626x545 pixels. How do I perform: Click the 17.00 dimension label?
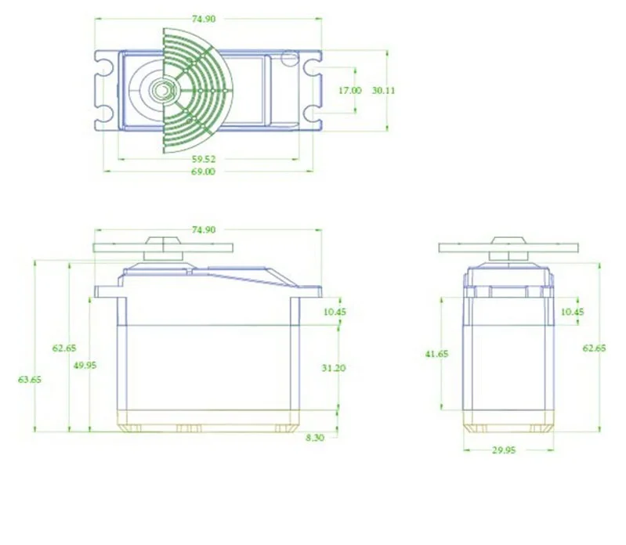pos(349,91)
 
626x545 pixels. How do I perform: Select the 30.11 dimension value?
pos(383,91)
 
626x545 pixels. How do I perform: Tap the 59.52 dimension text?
pos(204,159)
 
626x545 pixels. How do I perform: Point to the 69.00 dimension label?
pos(204,171)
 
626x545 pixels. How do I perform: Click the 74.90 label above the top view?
pos(204,19)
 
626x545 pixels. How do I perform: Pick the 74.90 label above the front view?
pos(204,229)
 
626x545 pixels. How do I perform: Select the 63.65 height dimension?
pos(30,380)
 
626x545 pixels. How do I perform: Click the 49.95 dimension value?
pos(85,366)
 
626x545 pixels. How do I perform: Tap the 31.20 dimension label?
pos(334,368)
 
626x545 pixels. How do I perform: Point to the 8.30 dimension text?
pos(316,438)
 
